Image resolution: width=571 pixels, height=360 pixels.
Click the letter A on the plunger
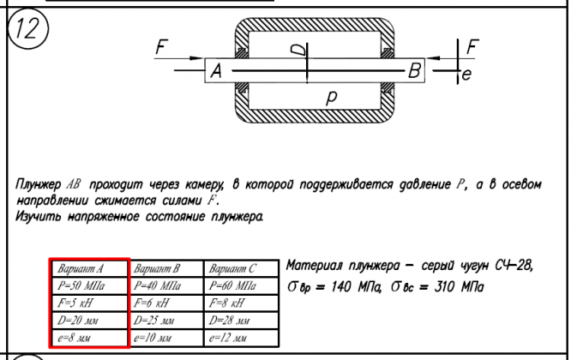point(215,74)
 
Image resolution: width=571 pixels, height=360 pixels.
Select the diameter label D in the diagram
point(298,51)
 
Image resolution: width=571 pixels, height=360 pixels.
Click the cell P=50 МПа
point(88,284)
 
